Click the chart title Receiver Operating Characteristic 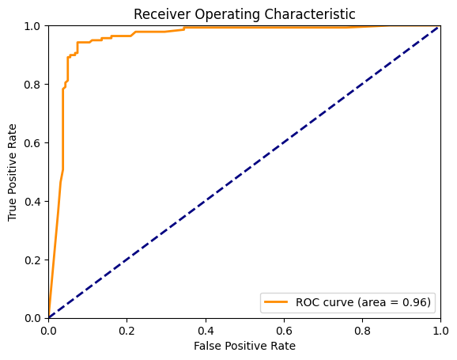(244, 14)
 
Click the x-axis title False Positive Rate (244, 346)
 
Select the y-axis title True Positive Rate (13, 172)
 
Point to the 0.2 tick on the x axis (127, 328)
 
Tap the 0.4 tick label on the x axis (206, 328)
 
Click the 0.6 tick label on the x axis (283, 328)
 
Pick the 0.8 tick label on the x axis (361, 328)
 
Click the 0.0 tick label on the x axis (49, 328)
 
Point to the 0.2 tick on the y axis (33, 260)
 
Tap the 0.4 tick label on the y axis (33, 201)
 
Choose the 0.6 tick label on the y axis (33, 142)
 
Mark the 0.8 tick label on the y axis (33, 85)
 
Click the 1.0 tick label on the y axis (33, 26)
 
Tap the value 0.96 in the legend (414, 302)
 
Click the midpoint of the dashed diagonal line (244, 172)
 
